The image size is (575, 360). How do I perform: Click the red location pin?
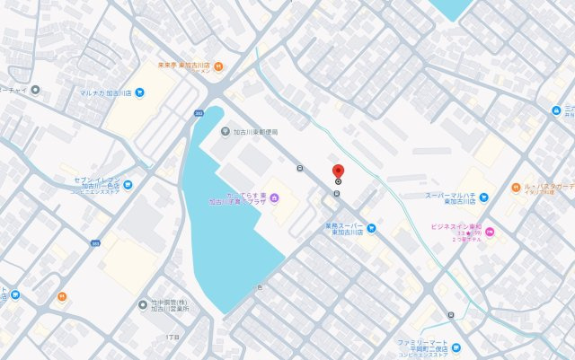pos(339,172)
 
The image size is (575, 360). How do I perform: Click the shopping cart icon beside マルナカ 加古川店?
pos(139,92)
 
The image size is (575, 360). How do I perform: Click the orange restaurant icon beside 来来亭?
pos(219,65)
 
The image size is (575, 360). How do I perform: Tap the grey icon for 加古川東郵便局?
pos(226,131)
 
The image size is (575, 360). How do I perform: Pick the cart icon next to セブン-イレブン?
pos(128,185)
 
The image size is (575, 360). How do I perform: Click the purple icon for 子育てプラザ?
pos(274,197)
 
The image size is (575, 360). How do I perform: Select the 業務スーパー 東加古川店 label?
pos(332,228)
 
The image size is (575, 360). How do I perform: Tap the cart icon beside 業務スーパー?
pos(371,228)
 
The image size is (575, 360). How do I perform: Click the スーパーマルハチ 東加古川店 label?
pos(451,198)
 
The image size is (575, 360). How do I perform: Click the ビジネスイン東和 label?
pos(456,227)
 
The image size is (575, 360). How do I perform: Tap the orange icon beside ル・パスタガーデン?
pos(515,188)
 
